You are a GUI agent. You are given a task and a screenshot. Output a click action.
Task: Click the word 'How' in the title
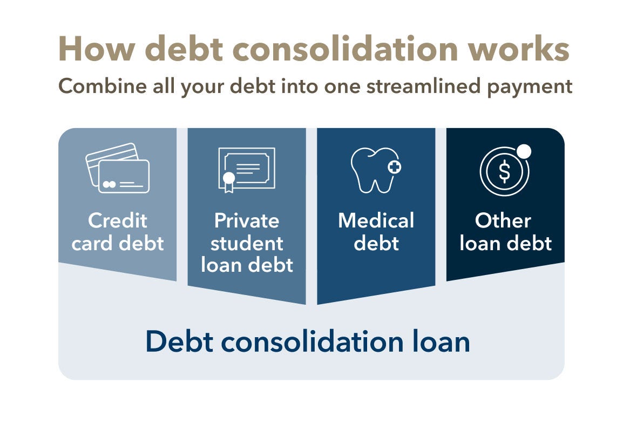tap(97, 49)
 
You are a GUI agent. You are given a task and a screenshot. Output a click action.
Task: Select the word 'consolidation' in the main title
tap(345, 49)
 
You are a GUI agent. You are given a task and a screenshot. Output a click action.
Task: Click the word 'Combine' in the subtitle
tap(103, 86)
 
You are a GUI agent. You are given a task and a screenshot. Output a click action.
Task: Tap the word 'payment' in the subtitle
tap(530, 88)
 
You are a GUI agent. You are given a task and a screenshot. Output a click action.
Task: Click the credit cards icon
tap(118, 168)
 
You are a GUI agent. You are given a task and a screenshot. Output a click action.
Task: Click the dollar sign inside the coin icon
tap(504, 172)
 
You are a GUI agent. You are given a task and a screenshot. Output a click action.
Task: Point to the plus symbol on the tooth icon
tap(395, 167)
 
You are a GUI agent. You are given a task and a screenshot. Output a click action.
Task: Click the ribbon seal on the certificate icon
tap(228, 182)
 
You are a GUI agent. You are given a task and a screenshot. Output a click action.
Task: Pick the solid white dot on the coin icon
tap(524, 151)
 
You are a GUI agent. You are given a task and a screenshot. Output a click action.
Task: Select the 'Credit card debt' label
tap(118, 232)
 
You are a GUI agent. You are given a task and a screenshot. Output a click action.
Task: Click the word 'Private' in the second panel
tap(247, 221)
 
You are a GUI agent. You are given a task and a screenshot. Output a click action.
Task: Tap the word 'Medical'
tap(376, 221)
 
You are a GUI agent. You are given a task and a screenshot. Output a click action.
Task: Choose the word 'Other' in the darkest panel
tap(503, 221)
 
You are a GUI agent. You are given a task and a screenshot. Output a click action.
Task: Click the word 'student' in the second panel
tap(247, 243)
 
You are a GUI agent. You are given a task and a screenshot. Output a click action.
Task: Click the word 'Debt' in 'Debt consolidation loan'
tap(180, 341)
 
